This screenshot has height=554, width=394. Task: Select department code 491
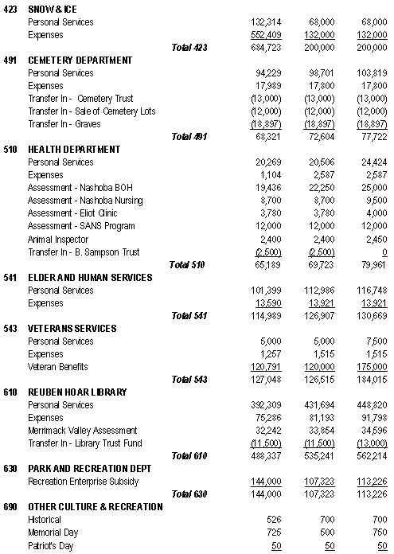(10, 60)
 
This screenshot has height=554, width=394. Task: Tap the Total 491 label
(189, 137)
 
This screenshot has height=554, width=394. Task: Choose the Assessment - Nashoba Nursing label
(85, 201)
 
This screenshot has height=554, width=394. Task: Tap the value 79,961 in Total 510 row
(374, 264)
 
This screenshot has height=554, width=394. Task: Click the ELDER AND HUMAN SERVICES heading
(89, 277)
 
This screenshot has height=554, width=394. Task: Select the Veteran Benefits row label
(57, 366)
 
